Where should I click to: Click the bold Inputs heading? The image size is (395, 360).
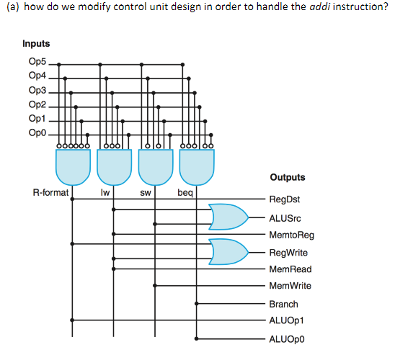point(37,44)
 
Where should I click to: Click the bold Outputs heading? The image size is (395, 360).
point(288,177)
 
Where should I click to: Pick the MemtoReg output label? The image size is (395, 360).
point(291,235)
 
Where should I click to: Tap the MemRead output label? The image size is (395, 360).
point(290,269)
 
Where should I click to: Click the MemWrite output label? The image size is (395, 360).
point(290,286)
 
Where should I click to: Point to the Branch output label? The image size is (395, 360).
point(283,304)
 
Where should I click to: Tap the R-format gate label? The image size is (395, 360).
point(51,194)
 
